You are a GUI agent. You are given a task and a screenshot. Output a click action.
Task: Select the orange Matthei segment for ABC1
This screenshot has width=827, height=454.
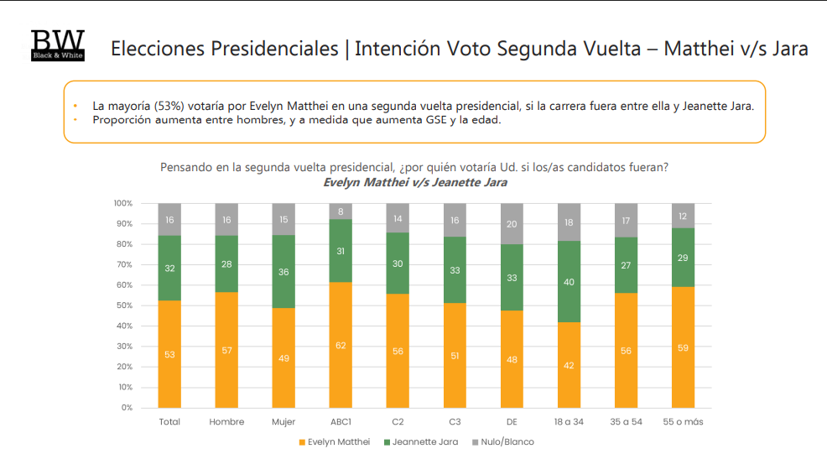[341, 345]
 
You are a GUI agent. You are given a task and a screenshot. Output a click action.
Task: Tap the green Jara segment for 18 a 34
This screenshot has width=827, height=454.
[569, 282]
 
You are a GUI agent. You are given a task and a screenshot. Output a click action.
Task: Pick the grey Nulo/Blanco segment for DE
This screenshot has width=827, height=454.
[512, 224]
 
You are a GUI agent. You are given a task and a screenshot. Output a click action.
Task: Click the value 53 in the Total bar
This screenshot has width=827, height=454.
[169, 354]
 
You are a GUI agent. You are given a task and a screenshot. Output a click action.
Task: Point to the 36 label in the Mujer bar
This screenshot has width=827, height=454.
[283, 272]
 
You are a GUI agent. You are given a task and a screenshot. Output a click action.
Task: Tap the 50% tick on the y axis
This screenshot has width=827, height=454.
[123, 305]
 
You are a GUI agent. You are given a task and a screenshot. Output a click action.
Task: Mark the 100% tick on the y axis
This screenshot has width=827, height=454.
[122, 204]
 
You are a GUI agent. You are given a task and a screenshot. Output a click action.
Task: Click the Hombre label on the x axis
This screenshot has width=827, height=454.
[226, 421]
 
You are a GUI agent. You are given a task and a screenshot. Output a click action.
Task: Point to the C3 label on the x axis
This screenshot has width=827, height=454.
[455, 421]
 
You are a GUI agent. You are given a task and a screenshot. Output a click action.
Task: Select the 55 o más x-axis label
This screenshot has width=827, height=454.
[683, 421]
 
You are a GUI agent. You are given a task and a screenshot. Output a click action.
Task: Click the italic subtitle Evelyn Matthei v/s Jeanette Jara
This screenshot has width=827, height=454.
[414, 182]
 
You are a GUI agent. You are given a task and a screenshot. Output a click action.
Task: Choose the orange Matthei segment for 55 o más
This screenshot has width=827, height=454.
[683, 347]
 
